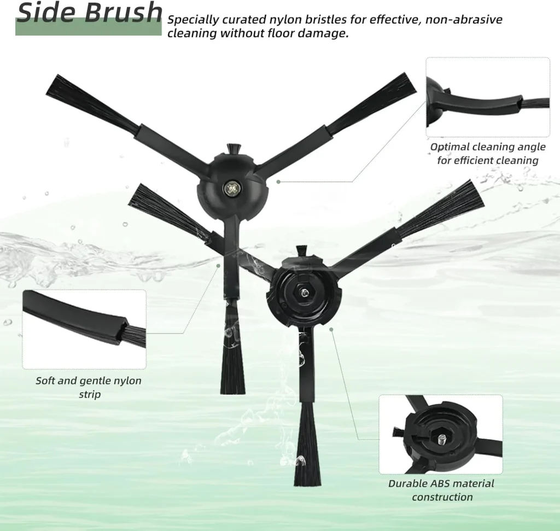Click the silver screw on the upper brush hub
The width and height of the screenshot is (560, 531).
tap(230, 188)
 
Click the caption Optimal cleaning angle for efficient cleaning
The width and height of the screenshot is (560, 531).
tap(488, 154)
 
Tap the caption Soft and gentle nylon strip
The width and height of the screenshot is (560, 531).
tap(89, 387)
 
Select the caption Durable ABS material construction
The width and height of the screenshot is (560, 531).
tap(441, 490)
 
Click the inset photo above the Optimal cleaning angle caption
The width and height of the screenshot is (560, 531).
tap(488, 97)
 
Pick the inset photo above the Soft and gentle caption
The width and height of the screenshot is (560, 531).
tap(84, 329)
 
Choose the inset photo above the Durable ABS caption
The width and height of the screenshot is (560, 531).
tap(441, 434)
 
